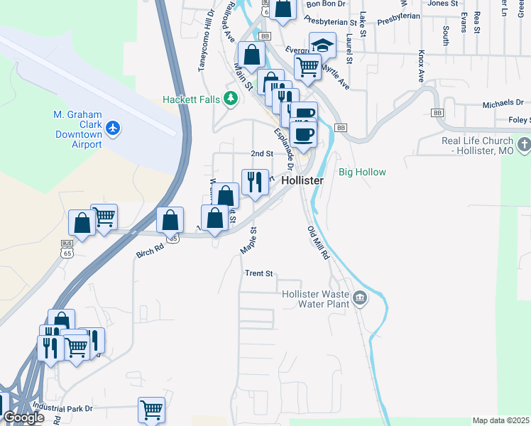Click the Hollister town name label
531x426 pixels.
pyautogui.click(x=302, y=181)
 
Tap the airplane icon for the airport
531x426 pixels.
pyautogui.click(x=113, y=129)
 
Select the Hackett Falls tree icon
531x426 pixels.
pyautogui.click(x=230, y=99)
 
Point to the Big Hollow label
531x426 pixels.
pyautogui.click(x=362, y=173)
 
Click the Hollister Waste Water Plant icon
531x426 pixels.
pyautogui.click(x=361, y=297)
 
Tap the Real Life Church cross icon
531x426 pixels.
pyautogui.click(x=524, y=146)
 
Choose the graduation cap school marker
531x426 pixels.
pyautogui.click(x=322, y=45)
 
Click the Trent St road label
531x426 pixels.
pyautogui.click(x=259, y=273)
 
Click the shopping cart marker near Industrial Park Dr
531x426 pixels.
pyautogui.click(x=151, y=410)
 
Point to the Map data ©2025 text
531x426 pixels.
pyautogui.click(x=500, y=420)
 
